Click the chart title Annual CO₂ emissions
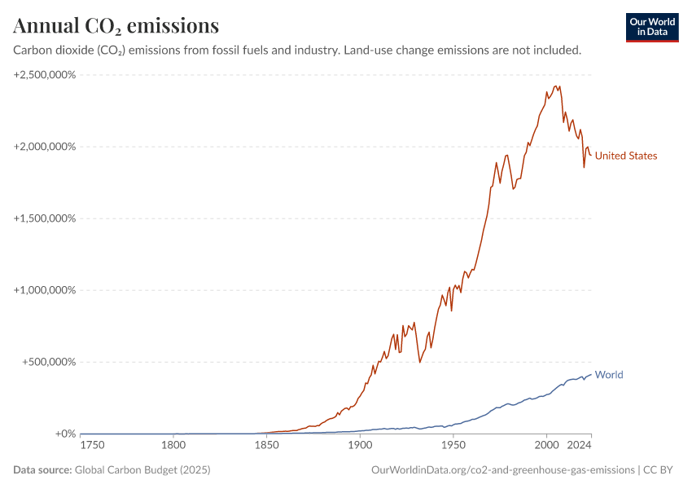116,26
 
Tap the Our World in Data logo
652,27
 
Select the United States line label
625,156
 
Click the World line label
609,375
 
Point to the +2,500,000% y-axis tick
45,75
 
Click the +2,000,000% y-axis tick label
45,147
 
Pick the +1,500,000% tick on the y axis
45,218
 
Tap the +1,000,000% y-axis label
45,290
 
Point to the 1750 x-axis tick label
92,446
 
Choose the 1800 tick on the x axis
173,446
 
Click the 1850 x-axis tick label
266,446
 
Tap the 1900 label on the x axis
360,446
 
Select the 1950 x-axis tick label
453,446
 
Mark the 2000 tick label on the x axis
546,446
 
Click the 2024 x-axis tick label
580,446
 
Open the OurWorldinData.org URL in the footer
502,469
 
